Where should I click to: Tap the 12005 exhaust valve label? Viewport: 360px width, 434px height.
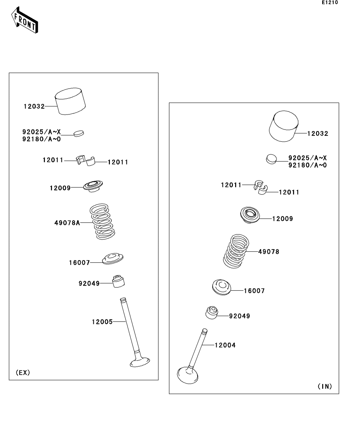[x=102, y=322]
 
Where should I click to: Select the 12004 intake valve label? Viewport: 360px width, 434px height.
[x=225, y=345]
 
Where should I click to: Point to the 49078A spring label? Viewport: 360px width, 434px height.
[x=67, y=223]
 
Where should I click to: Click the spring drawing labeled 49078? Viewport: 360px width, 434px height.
[x=236, y=251]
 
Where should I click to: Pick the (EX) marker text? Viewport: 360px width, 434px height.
[x=23, y=373]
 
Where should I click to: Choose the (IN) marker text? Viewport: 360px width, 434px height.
[x=325, y=386]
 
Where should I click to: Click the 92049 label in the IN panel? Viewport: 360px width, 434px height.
[x=239, y=316]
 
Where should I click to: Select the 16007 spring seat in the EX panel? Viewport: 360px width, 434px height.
[x=113, y=259]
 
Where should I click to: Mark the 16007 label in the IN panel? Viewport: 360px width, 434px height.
[x=254, y=291]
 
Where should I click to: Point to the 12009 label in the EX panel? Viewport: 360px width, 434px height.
[x=60, y=188]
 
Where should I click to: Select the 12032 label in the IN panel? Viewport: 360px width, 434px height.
[x=317, y=134]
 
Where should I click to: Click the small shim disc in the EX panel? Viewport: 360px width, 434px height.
[x=79, y=133]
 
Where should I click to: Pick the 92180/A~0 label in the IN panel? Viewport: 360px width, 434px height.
[x=308, y=165]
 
